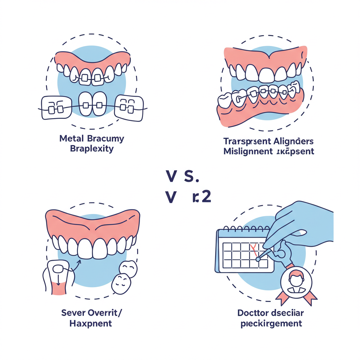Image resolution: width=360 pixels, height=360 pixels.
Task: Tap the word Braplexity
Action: [x=92, y=148]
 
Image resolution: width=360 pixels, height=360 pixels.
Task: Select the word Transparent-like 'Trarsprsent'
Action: [x=246, y=141]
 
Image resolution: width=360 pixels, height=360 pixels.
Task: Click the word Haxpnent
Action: [x=91, y=323]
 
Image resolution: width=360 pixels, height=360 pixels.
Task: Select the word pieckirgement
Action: [x=271, y=323]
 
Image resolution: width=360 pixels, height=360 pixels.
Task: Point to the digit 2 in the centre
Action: [x=206, y=197]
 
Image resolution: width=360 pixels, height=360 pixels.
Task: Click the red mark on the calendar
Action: [x=253, y=249]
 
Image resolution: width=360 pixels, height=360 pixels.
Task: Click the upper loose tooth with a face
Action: [x=127, y=269]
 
